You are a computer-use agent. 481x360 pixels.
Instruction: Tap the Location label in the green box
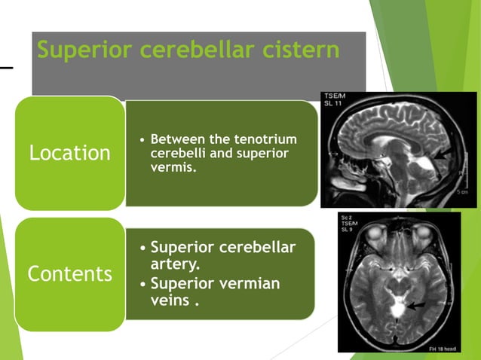point(69,153)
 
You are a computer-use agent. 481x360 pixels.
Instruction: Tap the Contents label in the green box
point(69,273)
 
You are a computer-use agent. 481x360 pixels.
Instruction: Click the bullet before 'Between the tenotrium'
point(142,140)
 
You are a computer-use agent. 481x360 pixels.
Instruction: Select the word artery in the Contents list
point(175,265)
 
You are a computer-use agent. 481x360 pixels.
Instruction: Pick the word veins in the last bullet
point(170,301)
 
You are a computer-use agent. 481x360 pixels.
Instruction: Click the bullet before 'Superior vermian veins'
point(143,285)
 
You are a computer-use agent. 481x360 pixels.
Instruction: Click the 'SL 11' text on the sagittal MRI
point(333,103)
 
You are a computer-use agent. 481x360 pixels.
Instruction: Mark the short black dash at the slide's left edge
point(6,68)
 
